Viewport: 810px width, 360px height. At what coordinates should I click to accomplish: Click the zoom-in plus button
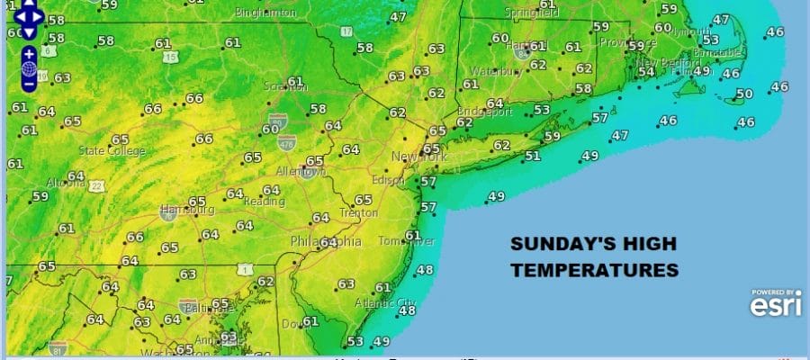click(x=29, y=52)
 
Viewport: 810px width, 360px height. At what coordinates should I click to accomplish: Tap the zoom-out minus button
click(x=29, y=83)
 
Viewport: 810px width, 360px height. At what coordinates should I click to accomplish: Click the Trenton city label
click(x=357, y=213)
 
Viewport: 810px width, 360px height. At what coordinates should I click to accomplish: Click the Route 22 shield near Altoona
click(x=97, y=185)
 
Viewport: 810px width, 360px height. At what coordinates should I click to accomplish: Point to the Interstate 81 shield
click(x=58, y=347)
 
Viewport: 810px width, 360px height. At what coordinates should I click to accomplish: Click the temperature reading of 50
click(x=743, y=94)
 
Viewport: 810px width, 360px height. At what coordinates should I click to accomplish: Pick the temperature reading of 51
click(x=533, y=156)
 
